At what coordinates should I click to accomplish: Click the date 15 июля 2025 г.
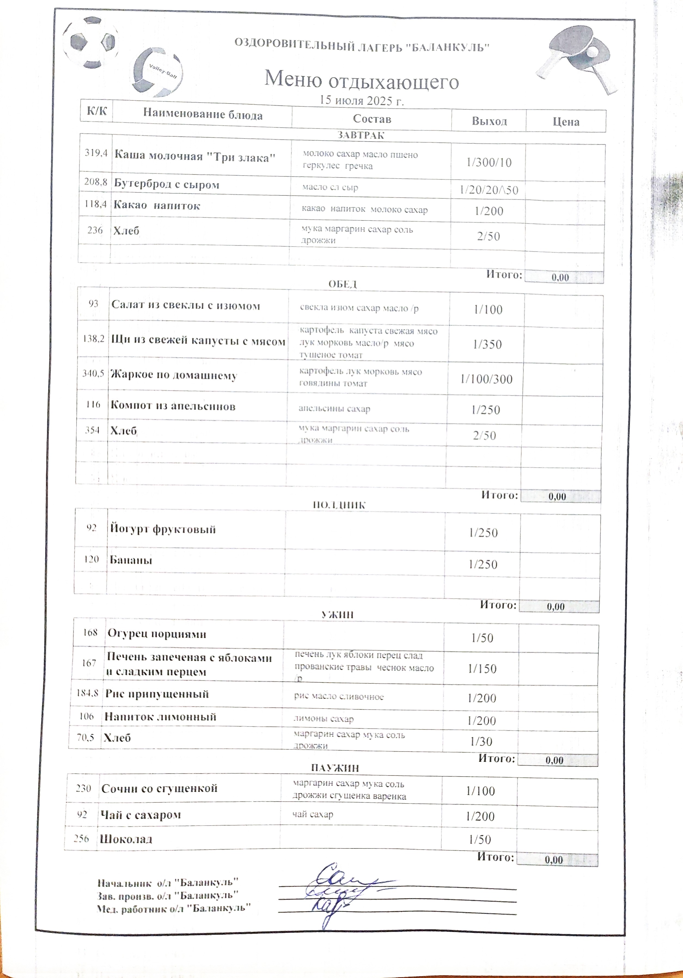tap(361, 100)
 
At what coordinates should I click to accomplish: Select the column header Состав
tap(371, 119)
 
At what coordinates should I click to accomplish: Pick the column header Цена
tap(566, 122)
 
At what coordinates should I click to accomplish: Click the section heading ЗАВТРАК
tap(361, 136)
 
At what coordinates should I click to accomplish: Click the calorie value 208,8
tap(95, 182)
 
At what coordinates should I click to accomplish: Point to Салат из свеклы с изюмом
tap(185, 305)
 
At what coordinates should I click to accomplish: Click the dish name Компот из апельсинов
tap(173, 406)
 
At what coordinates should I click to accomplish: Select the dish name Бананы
tap(131, 560)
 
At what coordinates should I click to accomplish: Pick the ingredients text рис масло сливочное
tap(339, 696)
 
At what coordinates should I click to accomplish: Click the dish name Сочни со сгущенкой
tap(159, 788)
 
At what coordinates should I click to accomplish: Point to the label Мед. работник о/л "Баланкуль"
tap(173, 908)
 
